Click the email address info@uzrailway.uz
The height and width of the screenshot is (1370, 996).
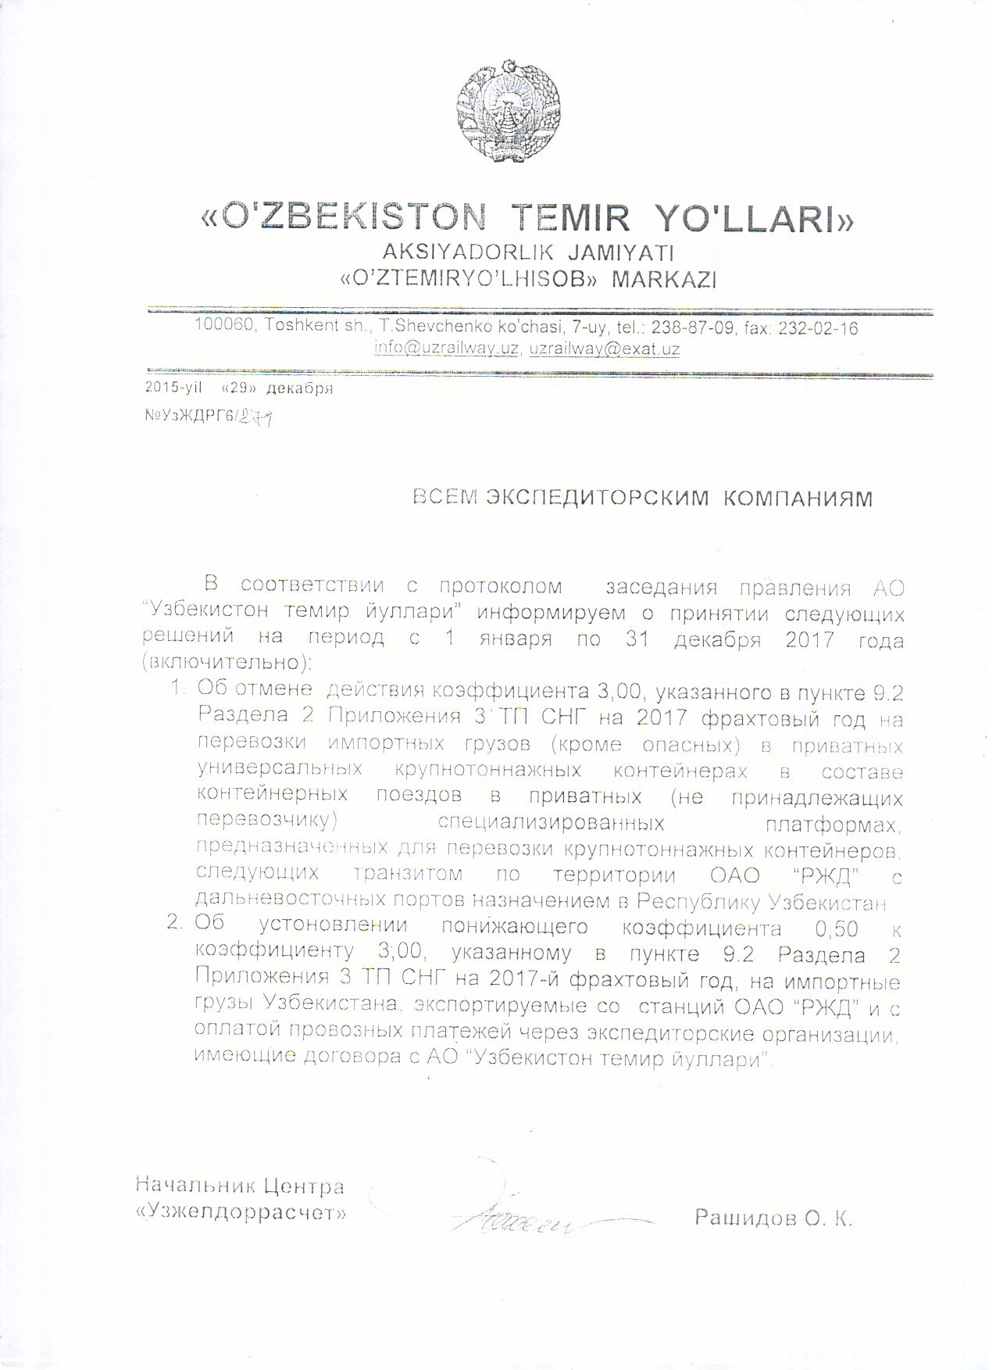(x=446, y=349)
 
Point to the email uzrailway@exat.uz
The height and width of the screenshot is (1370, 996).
(x=604, y=349)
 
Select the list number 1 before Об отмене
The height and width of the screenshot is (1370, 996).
(x=177, y=689)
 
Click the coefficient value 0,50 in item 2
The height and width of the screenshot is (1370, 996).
(x=836, y=928)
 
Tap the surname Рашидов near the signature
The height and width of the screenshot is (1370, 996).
(x=743, y=1218)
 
